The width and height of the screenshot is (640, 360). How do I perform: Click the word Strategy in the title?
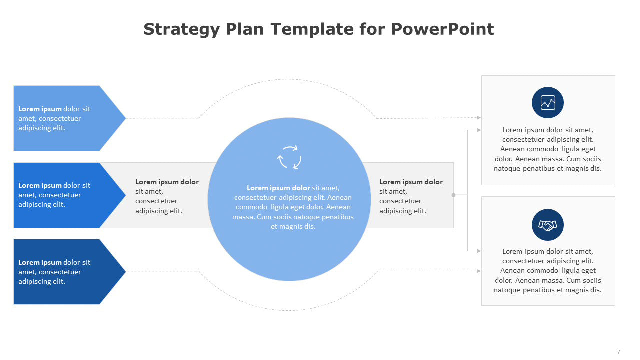pyautogui.click(x=181, y=29)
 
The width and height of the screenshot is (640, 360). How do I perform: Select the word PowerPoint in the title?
pyautogui.click(x=442, y=29)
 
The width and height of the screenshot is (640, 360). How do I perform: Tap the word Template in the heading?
pyautogui.click(x=312, y=29)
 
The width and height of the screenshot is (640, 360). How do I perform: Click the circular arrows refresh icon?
pyautogui.click(x=289, y=157)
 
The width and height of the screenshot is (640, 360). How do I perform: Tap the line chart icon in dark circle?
pyautogui.click(x=548, y=103)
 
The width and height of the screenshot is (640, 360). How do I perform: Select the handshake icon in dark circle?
pyautogui.click(x=548, y=225)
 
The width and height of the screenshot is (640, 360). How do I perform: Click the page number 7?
pyautogui.click(x=618, y=352)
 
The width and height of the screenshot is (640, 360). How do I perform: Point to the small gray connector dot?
pyautogui.click(x=453, y=195)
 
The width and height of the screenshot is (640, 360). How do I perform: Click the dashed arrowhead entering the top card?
pyautogui.click(x=479, y=117)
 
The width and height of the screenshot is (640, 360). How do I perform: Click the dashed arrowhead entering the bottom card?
pyautogui.click(x=479, y=271)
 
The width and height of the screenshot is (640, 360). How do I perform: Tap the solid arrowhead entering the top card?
pyautogui.click(x=479, y=130)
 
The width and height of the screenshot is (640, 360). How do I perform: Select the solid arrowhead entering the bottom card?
pyautogui.click(x=479, y=251)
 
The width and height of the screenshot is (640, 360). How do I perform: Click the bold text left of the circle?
pyautogui.click(x=167, y=182)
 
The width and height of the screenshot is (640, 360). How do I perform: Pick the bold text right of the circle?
pyautogui.click(x=411, y=182)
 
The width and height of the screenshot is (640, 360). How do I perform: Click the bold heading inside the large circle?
pyautogui.click(x=278, y=188)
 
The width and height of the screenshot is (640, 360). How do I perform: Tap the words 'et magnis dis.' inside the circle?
pyautogui.click(x=293, y=226)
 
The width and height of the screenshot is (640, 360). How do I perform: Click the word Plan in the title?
pyautogui.click(x=245, y=29)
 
